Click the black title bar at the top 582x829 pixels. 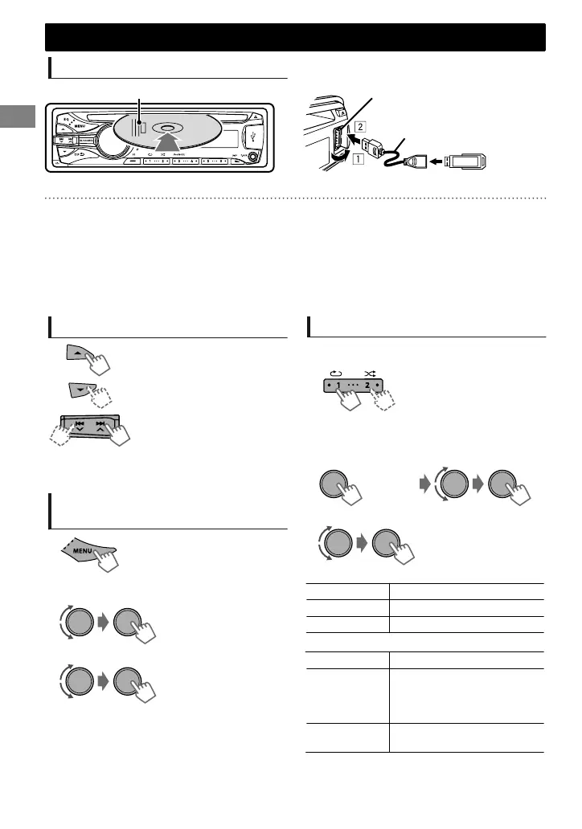tap(295, 38)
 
